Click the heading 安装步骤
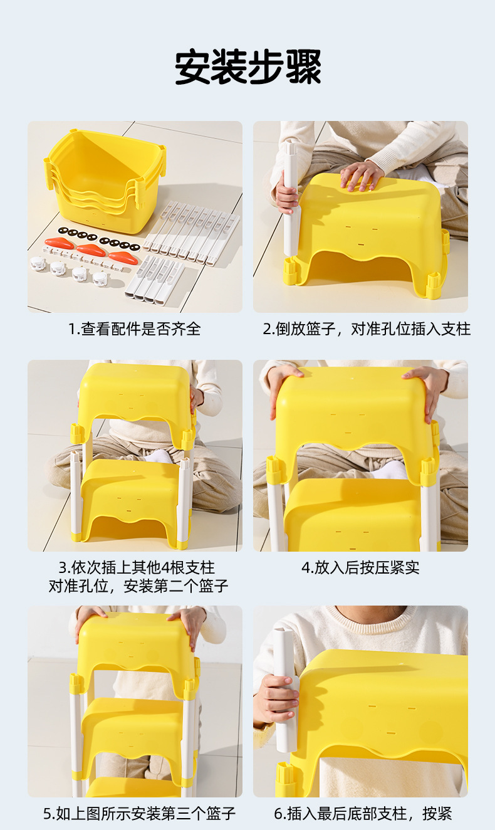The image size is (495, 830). click(x=247, y=67)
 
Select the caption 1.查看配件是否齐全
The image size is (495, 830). click(x=135, y=329)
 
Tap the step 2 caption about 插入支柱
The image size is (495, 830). click(x=367, y=329)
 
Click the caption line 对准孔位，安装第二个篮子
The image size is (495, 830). click(x=138, y=586)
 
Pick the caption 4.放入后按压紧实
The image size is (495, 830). click(x=361, y=568)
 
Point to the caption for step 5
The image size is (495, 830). click(x=139, y=814)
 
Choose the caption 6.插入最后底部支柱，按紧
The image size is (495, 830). click(x=363, y=814)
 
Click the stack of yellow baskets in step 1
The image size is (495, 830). click(x=105, y=182)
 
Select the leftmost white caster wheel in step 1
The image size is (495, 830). click(x=38, y=264)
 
